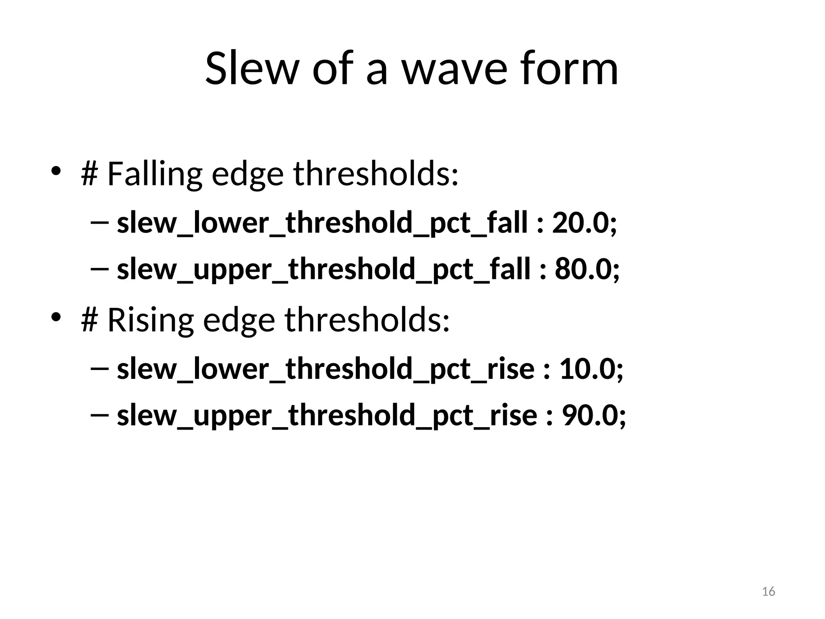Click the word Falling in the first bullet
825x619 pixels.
154,174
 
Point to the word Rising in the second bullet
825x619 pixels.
150,320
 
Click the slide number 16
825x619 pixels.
769,592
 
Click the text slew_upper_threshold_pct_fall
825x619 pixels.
323,270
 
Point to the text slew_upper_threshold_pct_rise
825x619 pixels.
327,415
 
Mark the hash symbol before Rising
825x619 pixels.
89,320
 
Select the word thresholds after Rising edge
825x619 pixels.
367,320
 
